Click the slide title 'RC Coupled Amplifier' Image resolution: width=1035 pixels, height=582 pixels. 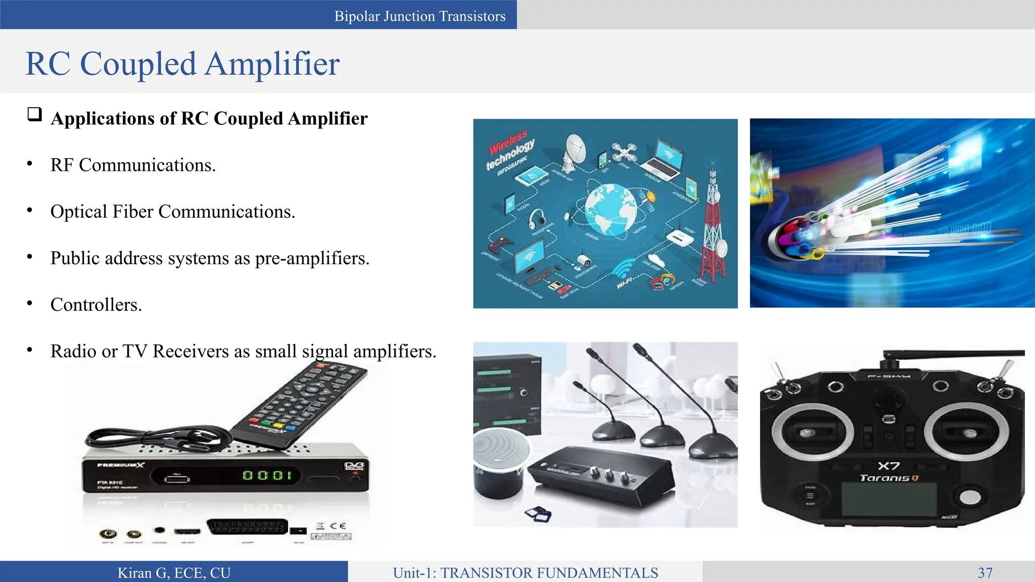tap(182, 64)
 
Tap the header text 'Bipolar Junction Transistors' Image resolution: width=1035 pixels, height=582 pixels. tap(419, 16)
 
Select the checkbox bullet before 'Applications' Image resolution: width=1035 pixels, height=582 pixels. tap(34, 114)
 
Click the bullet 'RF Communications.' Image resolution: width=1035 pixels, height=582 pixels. tap(133, 165)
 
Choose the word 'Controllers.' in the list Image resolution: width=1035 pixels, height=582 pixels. tap(96, 305)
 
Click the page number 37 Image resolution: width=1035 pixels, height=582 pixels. tap(985, 572)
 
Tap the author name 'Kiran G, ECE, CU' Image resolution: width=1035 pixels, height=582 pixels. tap(174, 572)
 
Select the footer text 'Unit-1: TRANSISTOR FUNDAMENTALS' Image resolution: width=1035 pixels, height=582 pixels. tap(525, 572)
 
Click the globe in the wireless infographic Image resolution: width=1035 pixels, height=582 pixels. tap(610, 208)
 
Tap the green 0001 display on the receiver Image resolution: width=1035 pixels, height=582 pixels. tap(267, 475)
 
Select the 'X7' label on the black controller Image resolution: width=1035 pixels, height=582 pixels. tap(888, 466)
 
